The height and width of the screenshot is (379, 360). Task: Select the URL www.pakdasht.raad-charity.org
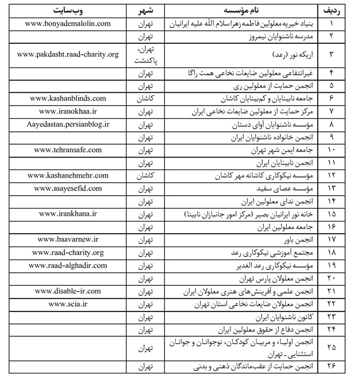tap(68, 54)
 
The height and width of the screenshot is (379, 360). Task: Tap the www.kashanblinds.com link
tap(68, 98)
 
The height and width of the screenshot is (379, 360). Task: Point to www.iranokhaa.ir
tap(68, 111)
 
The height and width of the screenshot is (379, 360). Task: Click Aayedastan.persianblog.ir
tap(68, 124)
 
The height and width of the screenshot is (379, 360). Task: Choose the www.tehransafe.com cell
tap(68, 150)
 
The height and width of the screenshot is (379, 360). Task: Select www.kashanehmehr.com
tap(68, 176)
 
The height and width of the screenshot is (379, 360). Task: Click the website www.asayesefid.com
tap(68, 188)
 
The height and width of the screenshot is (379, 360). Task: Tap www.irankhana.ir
tap(68, 214)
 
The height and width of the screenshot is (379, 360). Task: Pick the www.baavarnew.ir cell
tap(68, 239)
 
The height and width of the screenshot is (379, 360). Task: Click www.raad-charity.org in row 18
tap(68, 252)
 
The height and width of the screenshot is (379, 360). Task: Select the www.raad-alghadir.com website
tap(68, 265)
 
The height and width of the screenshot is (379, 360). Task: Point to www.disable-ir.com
tap(68, 291)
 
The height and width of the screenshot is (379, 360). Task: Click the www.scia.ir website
tap(68, 304)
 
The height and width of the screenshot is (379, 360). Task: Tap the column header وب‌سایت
tap(68, 10)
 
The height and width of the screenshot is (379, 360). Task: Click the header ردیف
tap(332, 10)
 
